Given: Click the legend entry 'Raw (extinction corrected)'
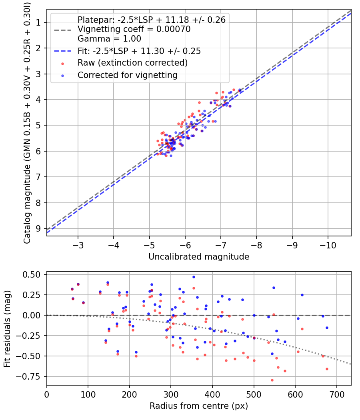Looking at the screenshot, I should [x=132, y=63].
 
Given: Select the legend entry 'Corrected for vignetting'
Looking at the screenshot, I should [x=127, y=75].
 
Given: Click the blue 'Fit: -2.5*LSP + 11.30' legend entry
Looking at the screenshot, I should [x=139, y=51].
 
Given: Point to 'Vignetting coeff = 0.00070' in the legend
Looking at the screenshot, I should [x=134, y=29].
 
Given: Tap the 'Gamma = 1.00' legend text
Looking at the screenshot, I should [x=109, y=39].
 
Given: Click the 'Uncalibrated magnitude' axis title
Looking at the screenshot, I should [x=199, y=257].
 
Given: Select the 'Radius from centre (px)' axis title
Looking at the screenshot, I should [x=199, y=406].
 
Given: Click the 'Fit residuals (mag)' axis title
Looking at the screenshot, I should [x=7, y=328].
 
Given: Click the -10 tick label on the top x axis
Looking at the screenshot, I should [x=328, y=245].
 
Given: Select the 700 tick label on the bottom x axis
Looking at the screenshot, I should [x=336, y=394].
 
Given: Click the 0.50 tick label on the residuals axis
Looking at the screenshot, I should [x=32, y=274].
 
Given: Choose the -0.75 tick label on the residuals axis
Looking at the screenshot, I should [x=30, y=376].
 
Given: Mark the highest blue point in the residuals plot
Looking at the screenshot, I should [x=194, y=277].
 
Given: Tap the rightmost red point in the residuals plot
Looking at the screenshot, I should [x=327, y=369].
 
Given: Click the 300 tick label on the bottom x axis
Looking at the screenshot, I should [x=171, y=394].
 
